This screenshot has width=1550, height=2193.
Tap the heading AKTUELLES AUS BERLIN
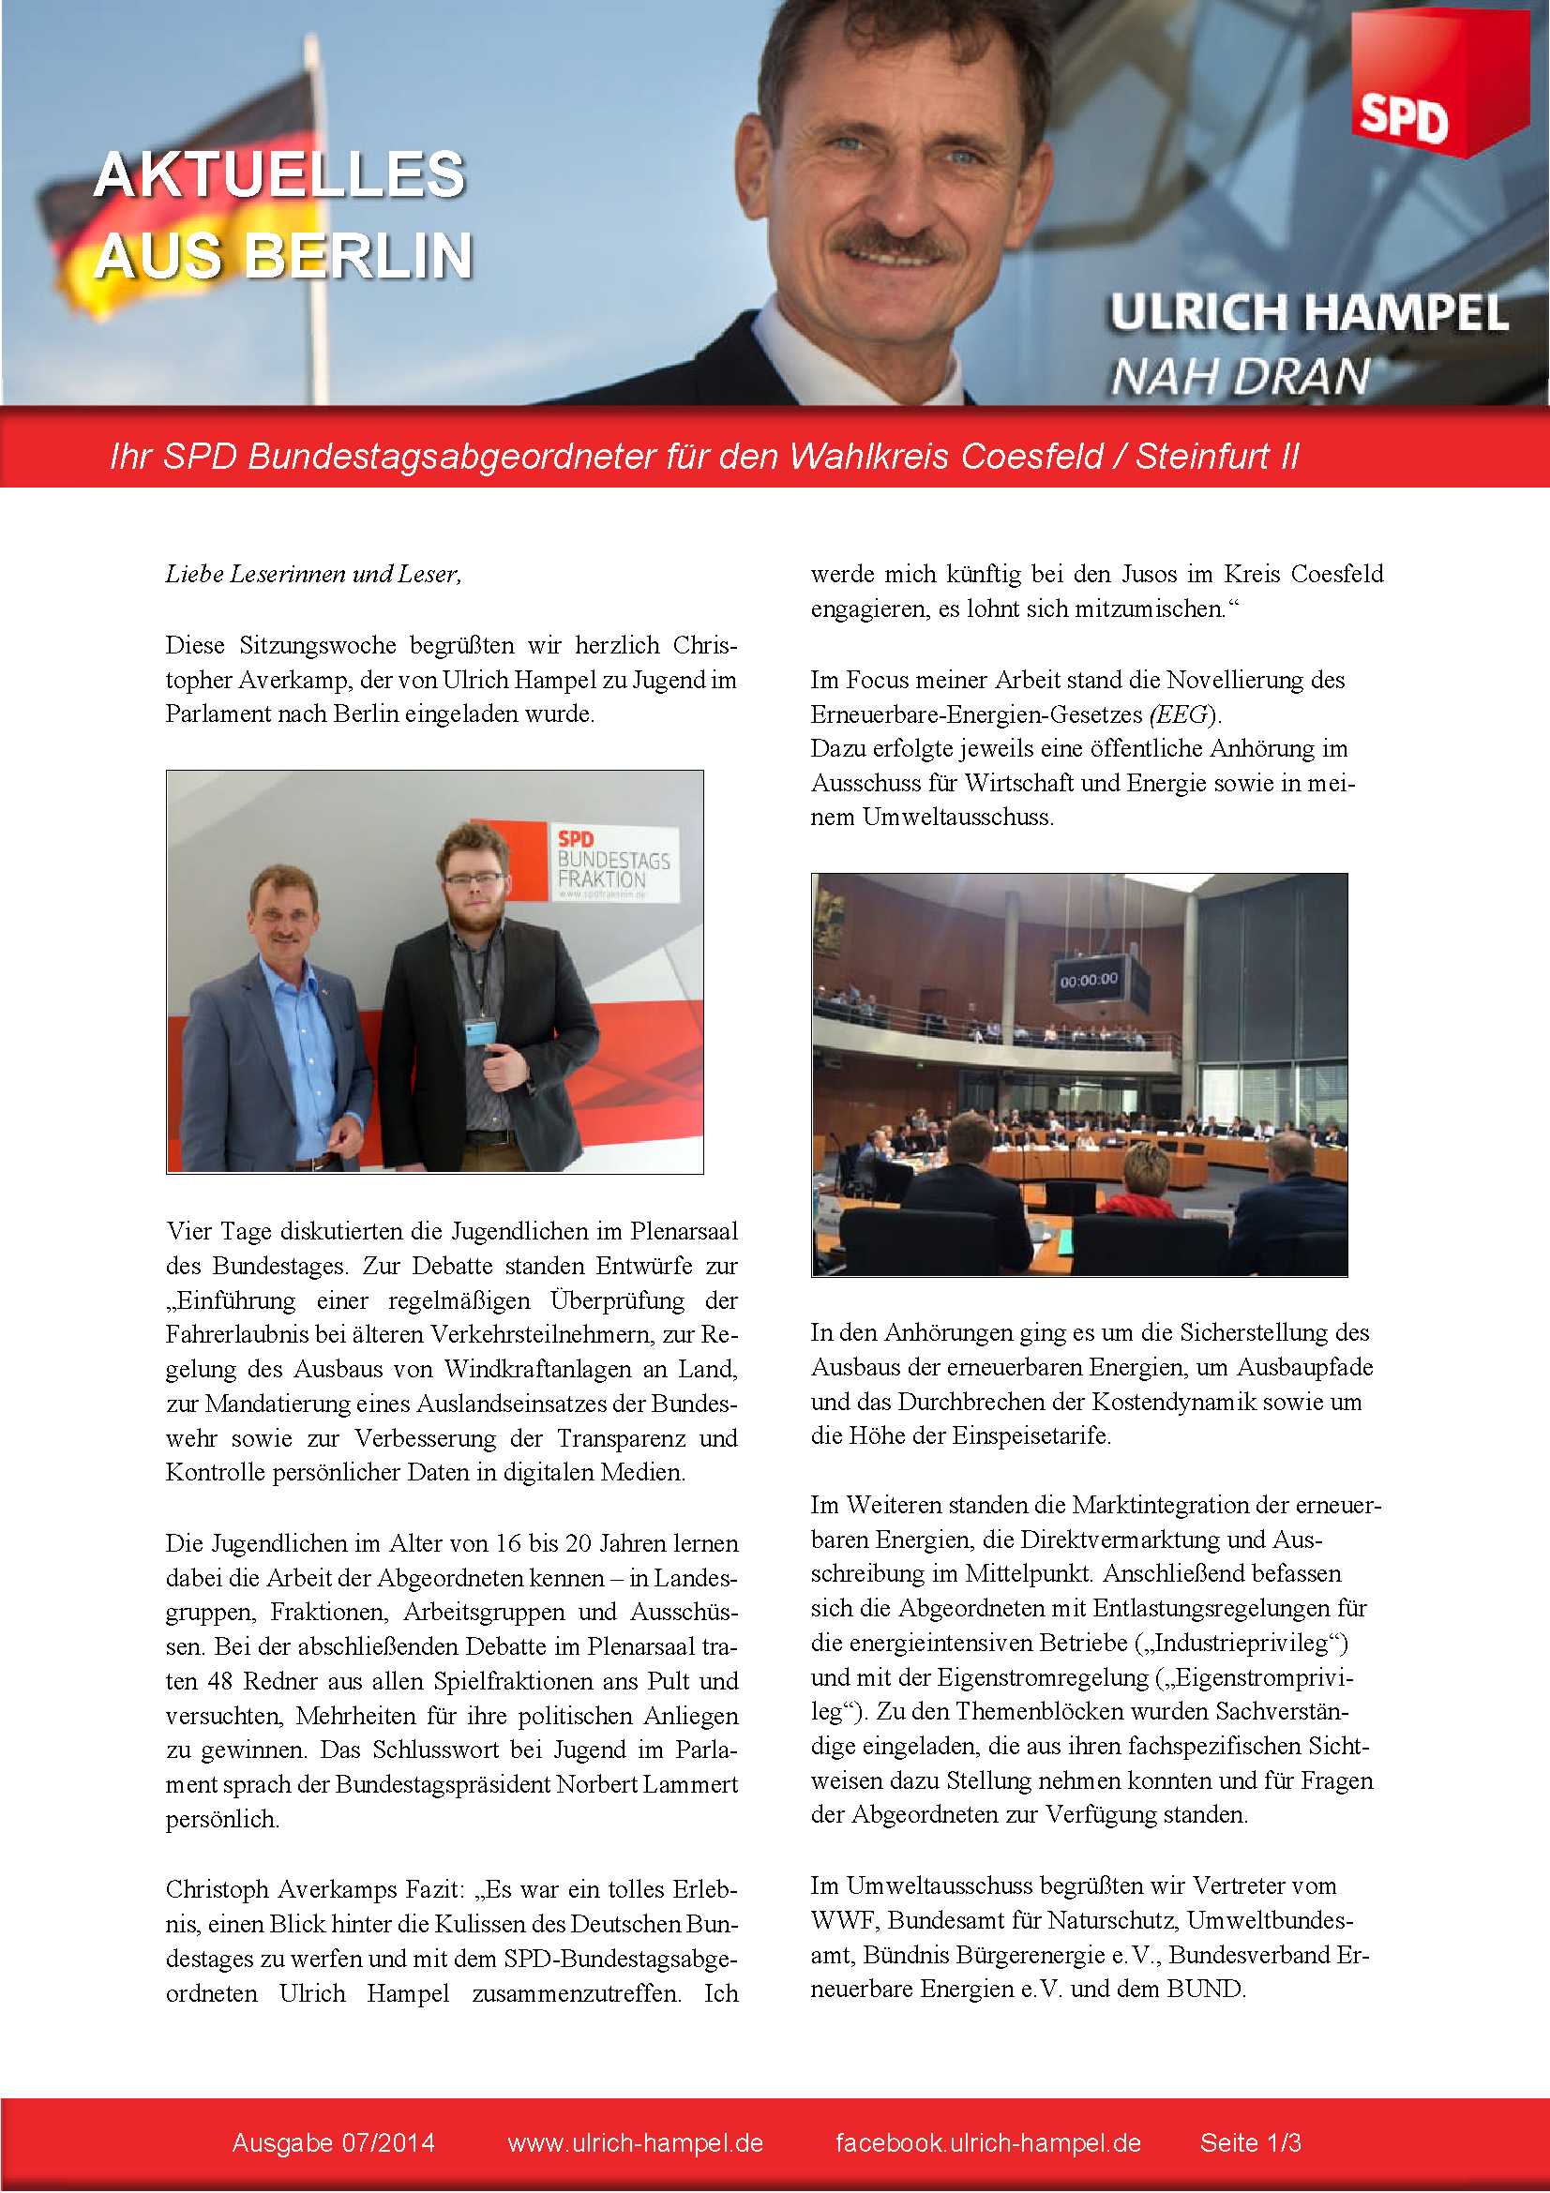click(280, 215)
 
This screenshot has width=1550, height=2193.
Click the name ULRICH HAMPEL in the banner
click(1308, 313)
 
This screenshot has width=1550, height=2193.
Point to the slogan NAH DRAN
click(1240, 376)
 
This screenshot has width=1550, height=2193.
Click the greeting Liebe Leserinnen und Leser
click(313, 574)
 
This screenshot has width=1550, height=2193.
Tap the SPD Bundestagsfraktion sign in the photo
click(611, 863)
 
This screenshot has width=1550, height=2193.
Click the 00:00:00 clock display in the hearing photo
click(1089, 980)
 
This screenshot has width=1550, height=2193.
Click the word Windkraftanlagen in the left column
click(537, 1369)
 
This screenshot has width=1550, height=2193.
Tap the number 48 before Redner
click(221, 1681)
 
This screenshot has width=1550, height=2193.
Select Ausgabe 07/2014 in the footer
click(333, 2142)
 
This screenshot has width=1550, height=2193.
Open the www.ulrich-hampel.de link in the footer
click(635, 2142)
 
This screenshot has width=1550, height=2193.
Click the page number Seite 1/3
click(1250, 2142)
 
